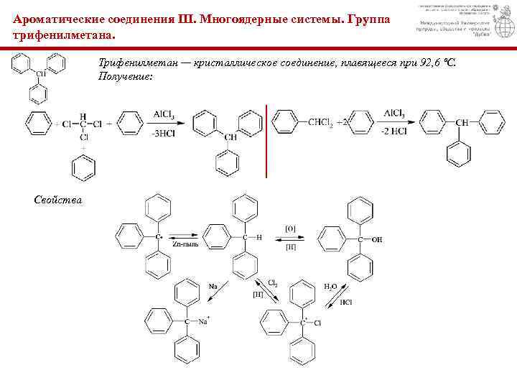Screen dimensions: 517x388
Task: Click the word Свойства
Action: pyautogui.click(x=58, y=199)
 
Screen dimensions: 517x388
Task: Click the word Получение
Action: pyautogui.click(x=125, y=76)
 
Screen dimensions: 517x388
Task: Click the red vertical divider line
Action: pyautogui.click(x=267, y=141)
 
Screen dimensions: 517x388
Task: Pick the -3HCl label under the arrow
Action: pyautogui.click(x=163, y=132)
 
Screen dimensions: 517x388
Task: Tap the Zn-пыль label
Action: pyautogui.click(x=185, y=244)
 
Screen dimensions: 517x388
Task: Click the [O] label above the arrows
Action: pyautogui.click(x=291, y=228)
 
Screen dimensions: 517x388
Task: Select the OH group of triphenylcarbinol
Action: pyautogui.click(x=376, y=239)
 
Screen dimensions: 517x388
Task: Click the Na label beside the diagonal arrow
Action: pyautogui.click(x=213, y=287)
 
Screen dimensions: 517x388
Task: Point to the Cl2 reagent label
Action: pyautogui.click(x=274, y=282)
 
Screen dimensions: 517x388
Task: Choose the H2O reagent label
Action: pyautogui.click(x=331, y=286)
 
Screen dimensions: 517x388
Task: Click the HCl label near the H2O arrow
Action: pyautogui.click(x=346, y=302)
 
